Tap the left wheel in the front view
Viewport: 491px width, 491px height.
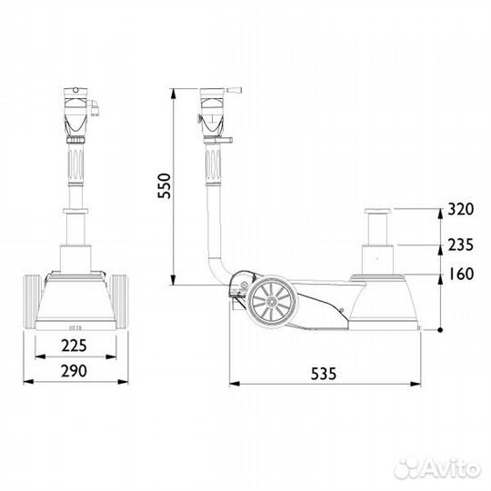click(x=30, y=302)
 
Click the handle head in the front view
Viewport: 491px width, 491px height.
click(x=76, y=109)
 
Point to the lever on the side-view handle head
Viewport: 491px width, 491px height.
click(x=234, y=91)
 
